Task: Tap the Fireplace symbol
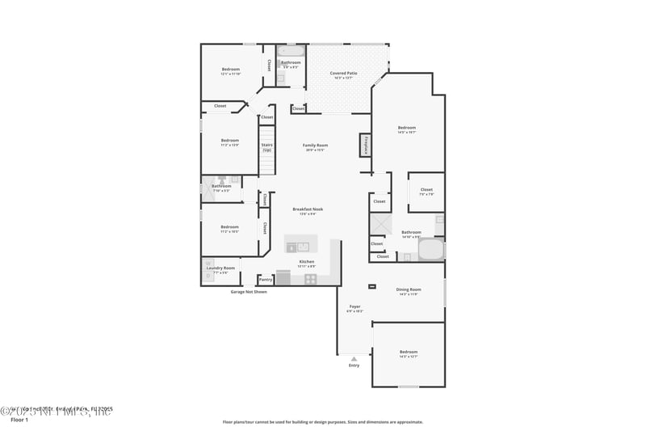coord(366,145)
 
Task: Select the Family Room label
coord(315,146)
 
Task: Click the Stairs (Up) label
coord(266,147)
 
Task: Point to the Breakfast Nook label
coord(307,209)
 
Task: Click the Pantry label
coord(266,279)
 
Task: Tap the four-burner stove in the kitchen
coord(310,278)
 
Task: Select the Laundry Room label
coord(220,268)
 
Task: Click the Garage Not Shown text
coord(248,291)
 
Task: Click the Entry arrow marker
coord(354,358)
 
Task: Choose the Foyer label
coord(354,307)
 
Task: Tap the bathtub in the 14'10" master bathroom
coord(430,249)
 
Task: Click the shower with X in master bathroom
coord(380,224)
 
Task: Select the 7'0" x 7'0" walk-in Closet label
coord(426,192)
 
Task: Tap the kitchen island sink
coord(303,246)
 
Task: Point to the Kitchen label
coord(307,263)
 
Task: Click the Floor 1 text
coord(19,420)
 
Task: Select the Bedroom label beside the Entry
coord(409,353)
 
